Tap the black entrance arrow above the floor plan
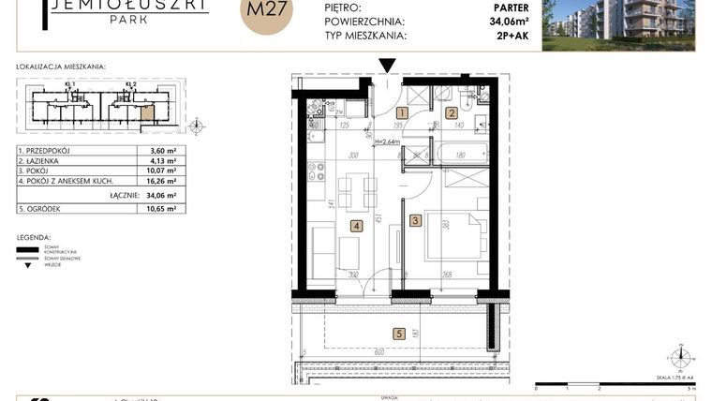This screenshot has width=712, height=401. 387,65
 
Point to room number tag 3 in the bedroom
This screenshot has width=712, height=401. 415,221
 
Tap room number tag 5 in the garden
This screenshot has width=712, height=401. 398,333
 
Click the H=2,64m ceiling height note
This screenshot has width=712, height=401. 383,142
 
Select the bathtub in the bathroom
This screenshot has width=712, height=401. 454,155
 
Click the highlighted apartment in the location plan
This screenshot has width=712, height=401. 147,116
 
